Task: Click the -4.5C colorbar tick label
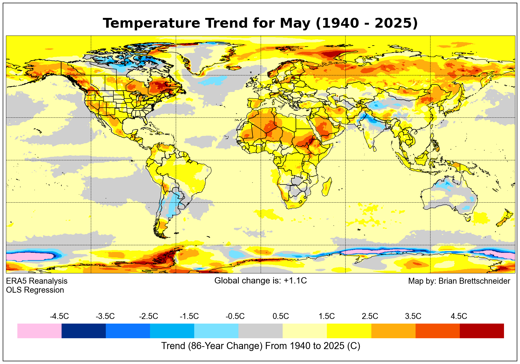coord(59,316)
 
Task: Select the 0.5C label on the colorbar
coord(280,316)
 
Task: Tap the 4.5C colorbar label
coord(459,316)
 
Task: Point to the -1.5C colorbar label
coord(189,316)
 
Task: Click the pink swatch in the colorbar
coord(39,331)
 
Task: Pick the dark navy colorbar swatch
coord(84,331)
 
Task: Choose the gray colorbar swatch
coord(260,331)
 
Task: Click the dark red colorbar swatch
coord(482,331)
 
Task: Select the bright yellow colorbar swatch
coord(349,331)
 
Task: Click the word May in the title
coord(295,23)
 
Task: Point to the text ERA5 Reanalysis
coord(37,281)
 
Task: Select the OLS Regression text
coord(35,290)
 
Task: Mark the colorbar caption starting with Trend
coord(260,346)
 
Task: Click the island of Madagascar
coord(327,186)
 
